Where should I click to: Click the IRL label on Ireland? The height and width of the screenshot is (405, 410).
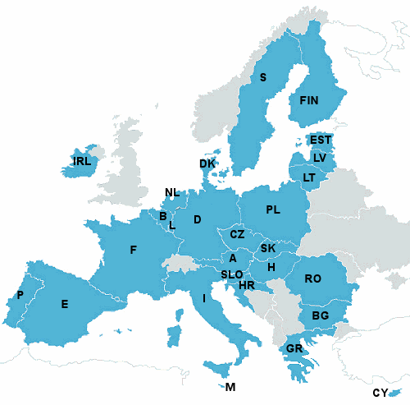[82, 161]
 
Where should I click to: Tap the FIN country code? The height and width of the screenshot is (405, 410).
[309, 100]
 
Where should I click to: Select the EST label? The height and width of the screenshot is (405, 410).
[321, 140]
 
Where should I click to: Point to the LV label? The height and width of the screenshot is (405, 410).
[320, 157]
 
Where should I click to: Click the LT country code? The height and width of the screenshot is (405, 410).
[309, 177]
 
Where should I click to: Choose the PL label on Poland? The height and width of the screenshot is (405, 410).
[273, 210]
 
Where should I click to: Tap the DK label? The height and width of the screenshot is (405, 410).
[207, 163]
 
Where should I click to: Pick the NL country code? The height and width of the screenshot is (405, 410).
[171, 193]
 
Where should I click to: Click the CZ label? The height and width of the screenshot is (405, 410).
[237, 234]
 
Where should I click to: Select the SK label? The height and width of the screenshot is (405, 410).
[268, 248]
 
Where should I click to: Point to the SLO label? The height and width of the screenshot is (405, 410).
[231, 274]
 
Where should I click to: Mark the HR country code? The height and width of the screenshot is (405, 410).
[247, 285]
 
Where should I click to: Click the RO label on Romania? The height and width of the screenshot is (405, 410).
[312, 278]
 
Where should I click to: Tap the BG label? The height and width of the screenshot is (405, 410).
[321, 315]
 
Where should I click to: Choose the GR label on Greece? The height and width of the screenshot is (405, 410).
[295, 349]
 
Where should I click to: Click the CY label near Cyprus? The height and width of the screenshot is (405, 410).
[380, 393]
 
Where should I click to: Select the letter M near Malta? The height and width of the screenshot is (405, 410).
[230, 387]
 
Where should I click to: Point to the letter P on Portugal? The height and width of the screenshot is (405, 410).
[20, 295]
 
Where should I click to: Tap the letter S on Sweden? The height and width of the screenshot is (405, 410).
[263, 78]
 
